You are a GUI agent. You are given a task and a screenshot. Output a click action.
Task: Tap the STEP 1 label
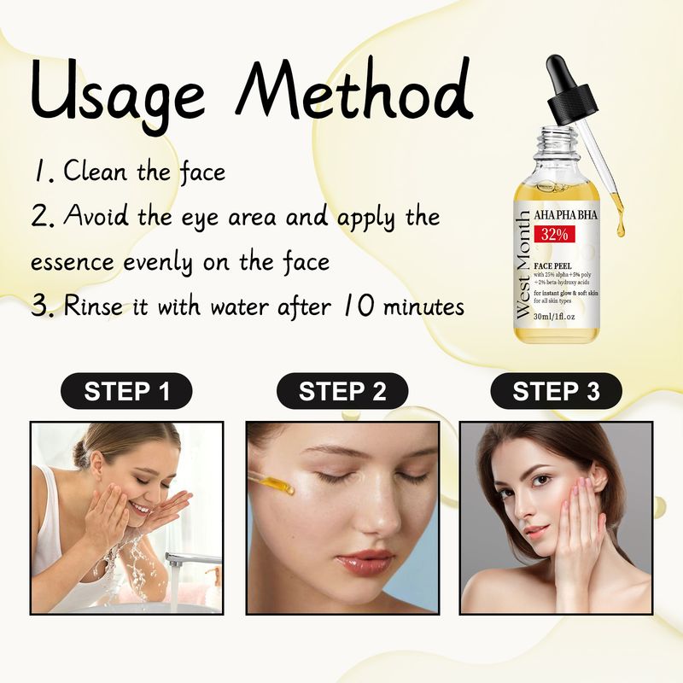pos(126,392)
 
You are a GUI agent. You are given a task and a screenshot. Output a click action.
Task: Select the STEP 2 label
pos(341,392)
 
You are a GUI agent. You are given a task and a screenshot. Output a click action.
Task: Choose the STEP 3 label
pos(556,392)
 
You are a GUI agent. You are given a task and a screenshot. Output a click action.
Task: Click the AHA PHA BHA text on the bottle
pos(565,215)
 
